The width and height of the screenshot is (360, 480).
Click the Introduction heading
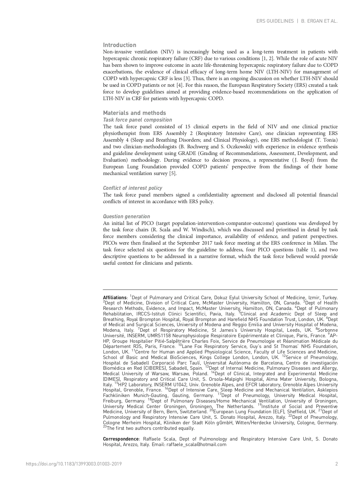[x=120, y=45]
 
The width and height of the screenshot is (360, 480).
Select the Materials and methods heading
[x=134, y=113]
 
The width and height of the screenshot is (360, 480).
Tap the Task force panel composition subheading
[x=137, y=120]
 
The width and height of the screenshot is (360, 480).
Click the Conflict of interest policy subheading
[x=132, y=188]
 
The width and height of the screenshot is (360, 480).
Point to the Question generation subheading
[x=126, y=216]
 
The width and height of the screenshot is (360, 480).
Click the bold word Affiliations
[x=115, y=298]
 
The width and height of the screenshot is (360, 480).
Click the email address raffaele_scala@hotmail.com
[x=196, y=445]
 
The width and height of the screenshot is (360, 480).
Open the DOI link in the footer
[x=74, y=464]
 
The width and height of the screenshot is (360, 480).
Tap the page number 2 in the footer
[x=337, y=464]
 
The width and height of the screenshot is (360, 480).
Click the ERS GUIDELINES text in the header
[x=275, y=21]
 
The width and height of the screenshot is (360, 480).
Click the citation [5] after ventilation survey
[x=173, y=174]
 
